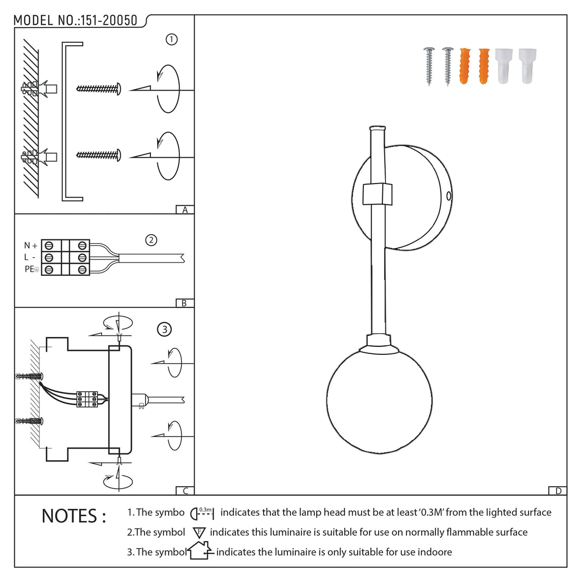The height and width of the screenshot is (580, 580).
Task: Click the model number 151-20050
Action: pyautogui.click(x=108, y=21)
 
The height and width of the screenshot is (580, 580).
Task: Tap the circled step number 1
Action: pyautogui.click(x=171, y=40)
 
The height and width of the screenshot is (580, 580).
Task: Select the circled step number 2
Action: pyautogui.click(x=151, y=240)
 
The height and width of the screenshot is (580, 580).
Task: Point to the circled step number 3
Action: pyautogui.click(x=165, y=330)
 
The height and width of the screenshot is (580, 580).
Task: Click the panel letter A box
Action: pyautogui.click(x=185, y=210)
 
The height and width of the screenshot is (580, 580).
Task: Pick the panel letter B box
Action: pyautogui.click(x=184, y=303)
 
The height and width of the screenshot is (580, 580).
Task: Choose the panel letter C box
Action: pyautogui.click(x=185, y=491)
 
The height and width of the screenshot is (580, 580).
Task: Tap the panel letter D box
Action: pyautogui.click(x=558, y=491)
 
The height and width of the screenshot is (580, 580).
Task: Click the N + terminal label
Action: pyautogui.click(x=31, y=246)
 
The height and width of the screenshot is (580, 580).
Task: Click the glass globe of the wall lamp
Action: pyautogui.click(x=379, y=401)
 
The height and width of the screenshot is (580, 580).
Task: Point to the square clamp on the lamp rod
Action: pyautogui.click(x=378, y=194)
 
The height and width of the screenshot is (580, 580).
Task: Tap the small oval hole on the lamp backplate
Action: pyautogui.click(x=449, y=196)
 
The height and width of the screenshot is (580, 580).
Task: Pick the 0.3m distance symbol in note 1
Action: pyautogui.click(x=202, y=513)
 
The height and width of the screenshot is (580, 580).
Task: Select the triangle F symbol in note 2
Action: pyautogui.click(x=199, y=533)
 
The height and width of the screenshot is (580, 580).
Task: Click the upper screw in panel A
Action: pyautogui.click(x=99, y=88)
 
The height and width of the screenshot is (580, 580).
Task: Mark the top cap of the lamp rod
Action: pyautogui.click(x=378, y=128)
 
